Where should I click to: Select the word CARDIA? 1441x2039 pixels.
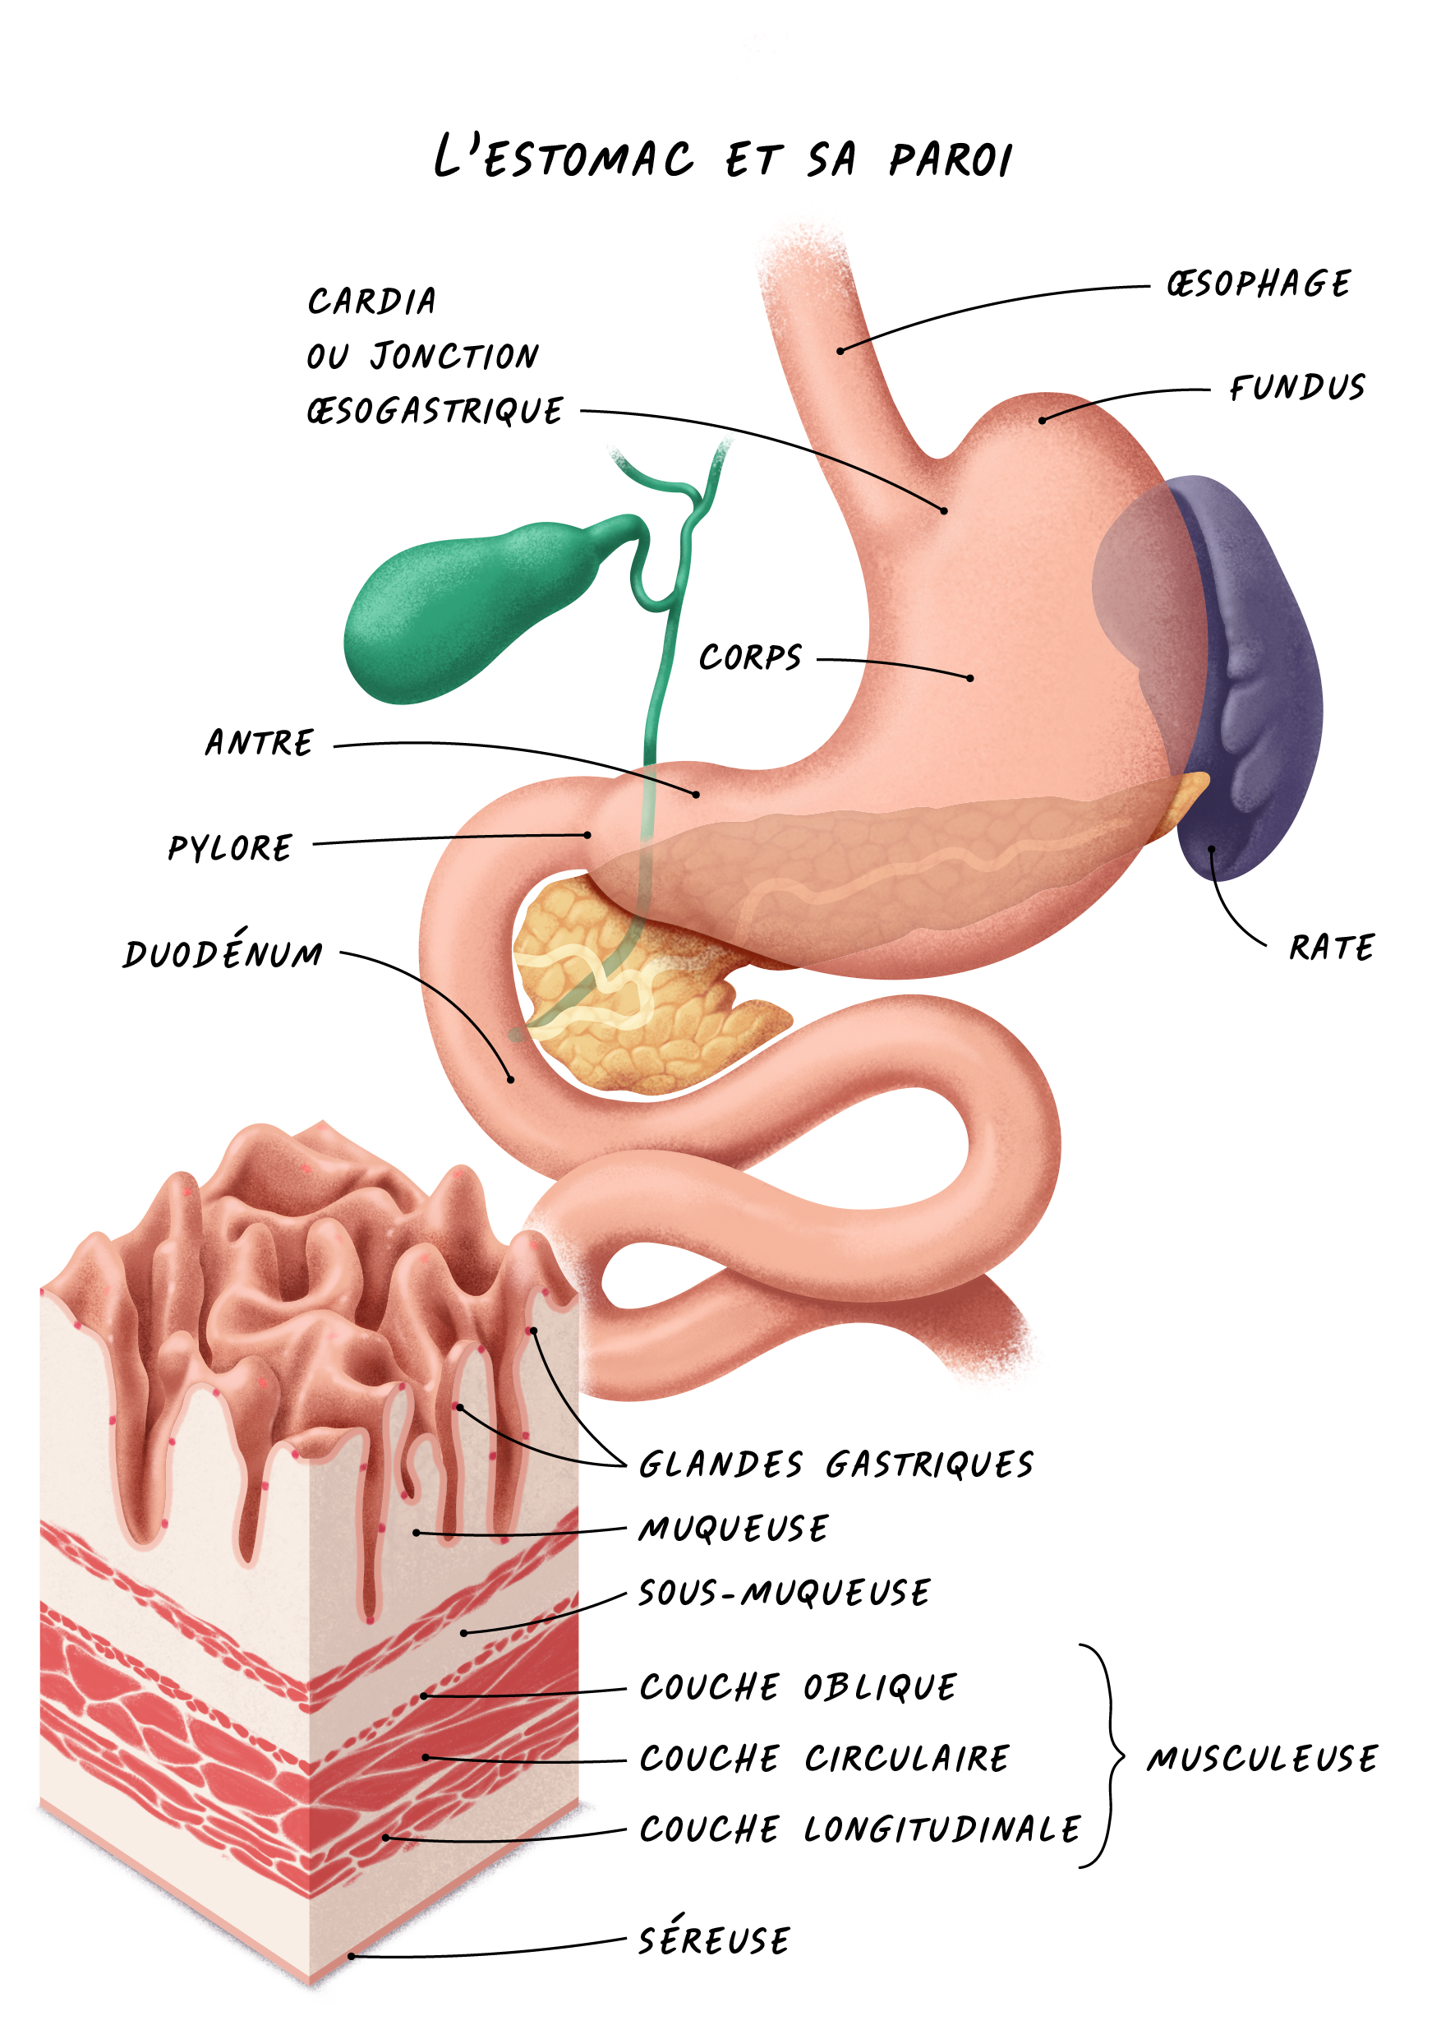(372, 302)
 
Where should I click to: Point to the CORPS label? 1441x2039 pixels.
(750, 658)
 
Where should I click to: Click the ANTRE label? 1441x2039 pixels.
(260, 742)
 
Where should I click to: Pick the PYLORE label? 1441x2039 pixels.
(230, 848)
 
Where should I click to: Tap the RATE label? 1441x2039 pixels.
(1331, 948)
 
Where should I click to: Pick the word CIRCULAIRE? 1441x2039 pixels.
(906, 1759)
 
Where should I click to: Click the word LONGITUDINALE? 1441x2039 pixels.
(942, 1829)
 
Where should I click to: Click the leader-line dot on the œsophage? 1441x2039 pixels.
(840, 351)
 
